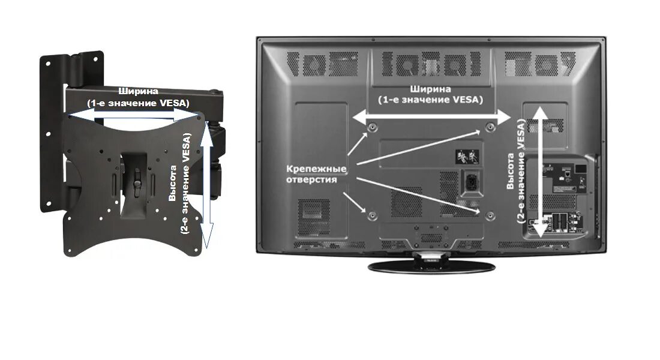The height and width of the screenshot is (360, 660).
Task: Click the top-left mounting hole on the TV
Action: (373, 127)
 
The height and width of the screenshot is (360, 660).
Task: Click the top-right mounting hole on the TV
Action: (490, 127)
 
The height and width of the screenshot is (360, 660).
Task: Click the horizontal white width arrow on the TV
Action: (430, 117)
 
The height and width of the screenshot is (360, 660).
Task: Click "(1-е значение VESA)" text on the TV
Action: (430, 100)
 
